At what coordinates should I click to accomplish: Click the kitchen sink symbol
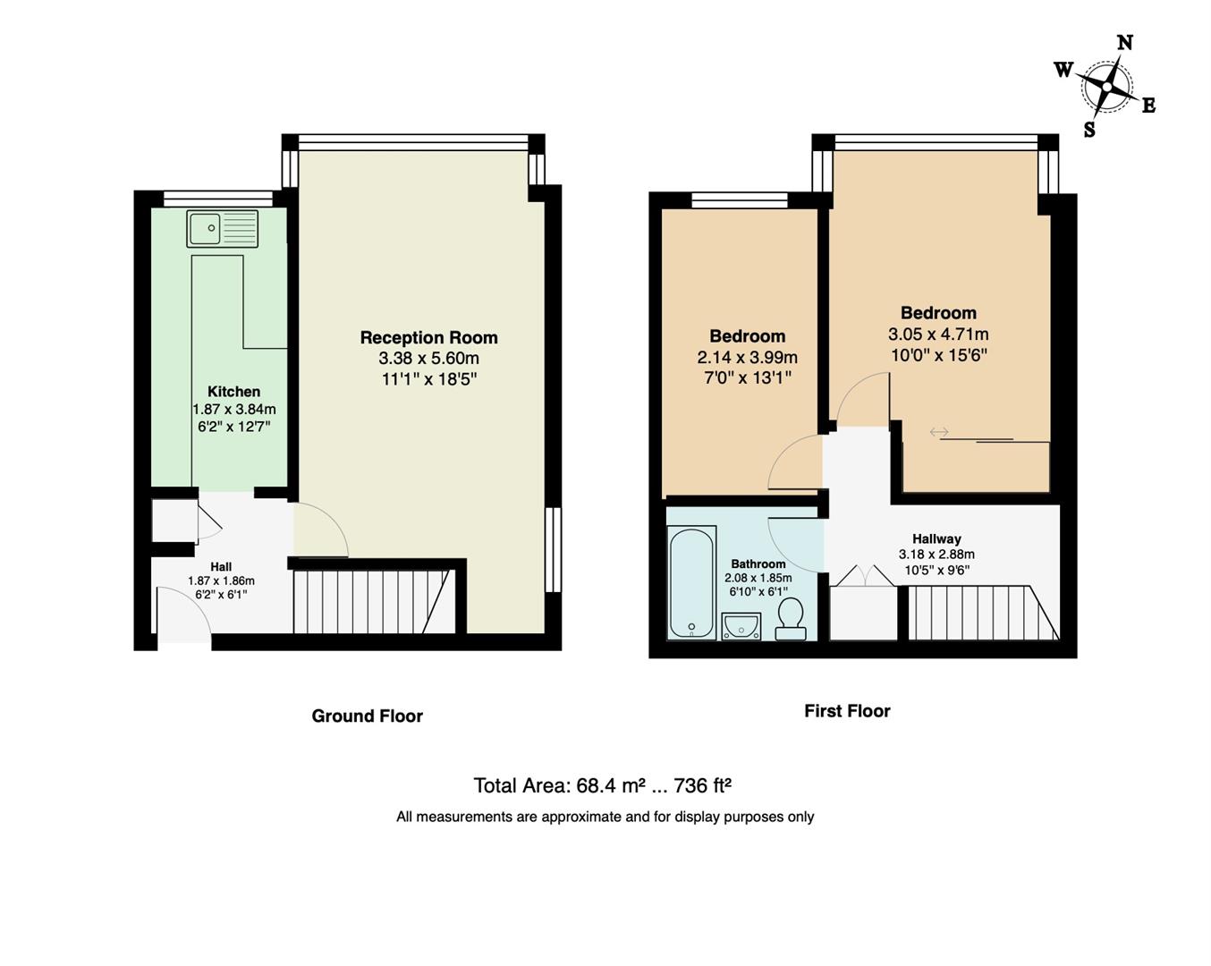pos(222,228)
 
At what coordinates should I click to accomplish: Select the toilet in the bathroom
pos(789,619)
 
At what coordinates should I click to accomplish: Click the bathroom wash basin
pos(741,625)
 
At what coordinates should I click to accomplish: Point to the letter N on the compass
pos(1125,43)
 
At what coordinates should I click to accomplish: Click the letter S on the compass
pos(1089,130)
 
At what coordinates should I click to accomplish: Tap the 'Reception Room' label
pos(428,337)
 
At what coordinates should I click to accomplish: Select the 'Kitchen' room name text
pos(233,392)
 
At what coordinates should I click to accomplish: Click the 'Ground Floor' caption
pos(367,716)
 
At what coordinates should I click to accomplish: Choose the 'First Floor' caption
pos(847,711)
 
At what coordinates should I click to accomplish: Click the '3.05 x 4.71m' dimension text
pos(937,335)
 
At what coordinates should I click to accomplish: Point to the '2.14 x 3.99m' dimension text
pos(747,358)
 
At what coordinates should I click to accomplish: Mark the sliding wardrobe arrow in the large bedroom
pos(938,433)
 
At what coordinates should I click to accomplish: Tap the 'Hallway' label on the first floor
pos(936,538)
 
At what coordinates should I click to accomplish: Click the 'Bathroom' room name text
pos(758,563)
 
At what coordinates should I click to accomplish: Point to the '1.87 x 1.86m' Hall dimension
pos(221,580)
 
